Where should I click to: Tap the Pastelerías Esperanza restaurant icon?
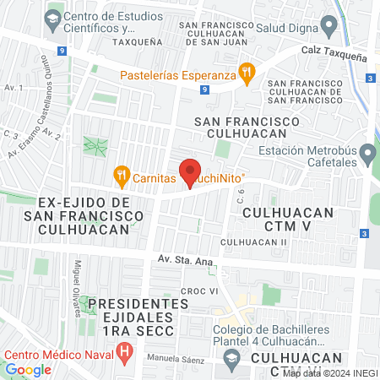tap(247, 73)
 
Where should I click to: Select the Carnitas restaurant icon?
tap(122, 177)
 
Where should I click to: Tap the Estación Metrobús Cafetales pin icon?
tap(368, 155)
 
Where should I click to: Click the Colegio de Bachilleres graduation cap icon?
tap(231, 359)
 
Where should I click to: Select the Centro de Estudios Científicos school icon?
tap(53, 17)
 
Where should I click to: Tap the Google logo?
tap(28, 369)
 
